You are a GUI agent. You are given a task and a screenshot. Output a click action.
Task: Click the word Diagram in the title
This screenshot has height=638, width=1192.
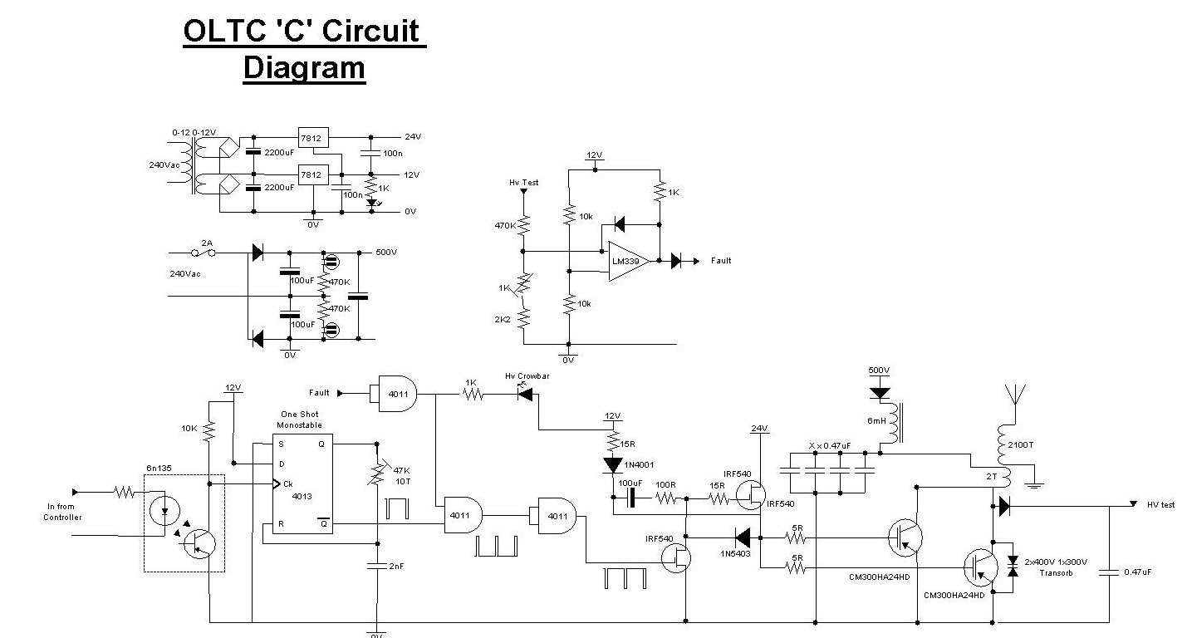coord(304,67)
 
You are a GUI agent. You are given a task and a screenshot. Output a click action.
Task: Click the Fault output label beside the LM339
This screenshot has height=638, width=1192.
coord(721,261)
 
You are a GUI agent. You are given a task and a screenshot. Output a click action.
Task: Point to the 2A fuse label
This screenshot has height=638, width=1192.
coord(207,243)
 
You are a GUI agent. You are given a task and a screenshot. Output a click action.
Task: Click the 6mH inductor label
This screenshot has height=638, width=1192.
coord(876,421)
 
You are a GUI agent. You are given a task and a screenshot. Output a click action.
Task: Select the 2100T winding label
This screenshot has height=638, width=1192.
coord(1021,444)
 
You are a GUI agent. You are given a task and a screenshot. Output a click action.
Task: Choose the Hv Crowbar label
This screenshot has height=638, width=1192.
coord(527,376)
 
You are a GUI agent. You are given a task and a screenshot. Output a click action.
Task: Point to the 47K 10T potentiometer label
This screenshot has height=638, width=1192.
coord(402,475)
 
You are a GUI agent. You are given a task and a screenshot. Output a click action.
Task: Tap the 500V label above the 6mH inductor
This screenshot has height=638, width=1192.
coord(878,371)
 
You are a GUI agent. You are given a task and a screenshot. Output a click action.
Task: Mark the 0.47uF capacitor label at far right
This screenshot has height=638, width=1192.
coord(1137,572)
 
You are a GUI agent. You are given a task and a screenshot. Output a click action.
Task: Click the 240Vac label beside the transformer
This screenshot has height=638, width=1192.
coord(165,164)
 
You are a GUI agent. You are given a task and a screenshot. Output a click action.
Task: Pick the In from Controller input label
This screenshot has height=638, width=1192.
coord(63,512)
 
